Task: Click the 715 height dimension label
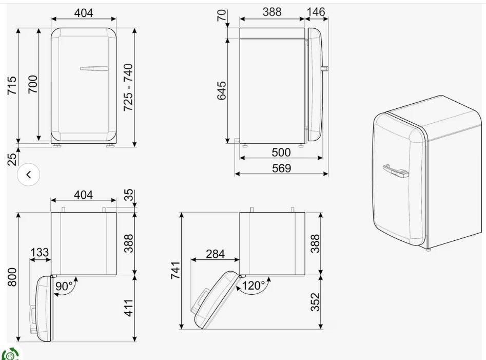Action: (12, 86)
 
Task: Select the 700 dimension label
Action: (32, 84)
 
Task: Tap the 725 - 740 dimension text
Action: (128, 87)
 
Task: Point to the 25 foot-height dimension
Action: (12, 160)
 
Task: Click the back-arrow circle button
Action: (29, 175)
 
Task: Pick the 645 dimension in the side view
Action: (222, 91)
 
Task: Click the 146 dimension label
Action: (316, 12)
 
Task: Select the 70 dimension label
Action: (222, 15)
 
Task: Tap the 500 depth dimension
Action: (281, 152)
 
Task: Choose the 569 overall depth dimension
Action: (281, 168)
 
